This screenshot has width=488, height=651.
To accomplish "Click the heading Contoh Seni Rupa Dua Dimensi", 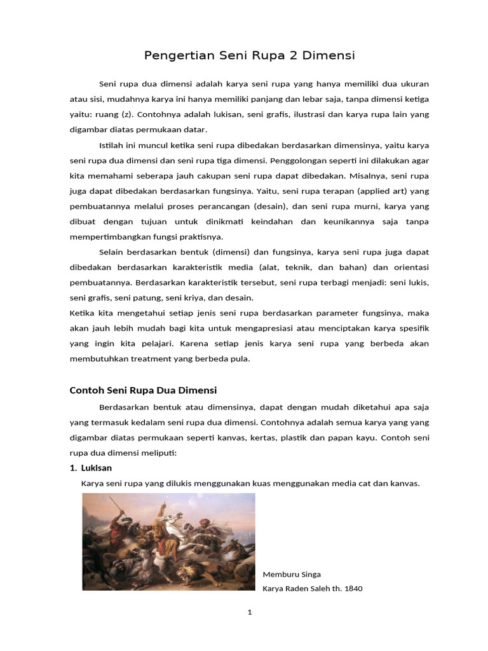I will (143, 390).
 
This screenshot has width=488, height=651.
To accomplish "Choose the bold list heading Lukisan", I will (96, 468).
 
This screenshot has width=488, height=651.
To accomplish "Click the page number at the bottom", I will (250, 613).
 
